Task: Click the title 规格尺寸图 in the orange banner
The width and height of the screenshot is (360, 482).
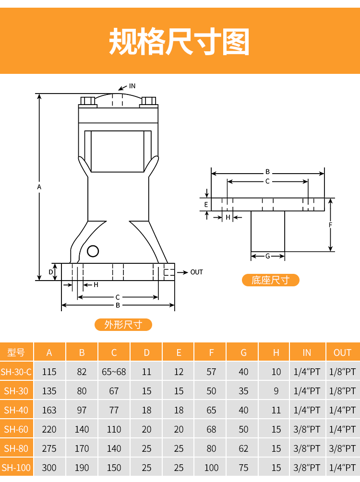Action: point(179,42)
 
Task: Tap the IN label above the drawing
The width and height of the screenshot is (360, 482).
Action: point(132,86)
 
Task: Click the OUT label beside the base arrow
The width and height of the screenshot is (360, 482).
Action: point(197,272)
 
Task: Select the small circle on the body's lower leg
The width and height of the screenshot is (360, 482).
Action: point(93,251)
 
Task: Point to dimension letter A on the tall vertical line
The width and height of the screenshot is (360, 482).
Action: point(39,187)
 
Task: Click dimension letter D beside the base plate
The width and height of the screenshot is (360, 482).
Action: point(51,272)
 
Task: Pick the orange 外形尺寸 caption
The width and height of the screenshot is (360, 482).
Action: point(123,325)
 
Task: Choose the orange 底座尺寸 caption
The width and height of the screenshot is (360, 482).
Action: point(270,280)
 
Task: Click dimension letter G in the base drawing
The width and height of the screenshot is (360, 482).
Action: point(268,256)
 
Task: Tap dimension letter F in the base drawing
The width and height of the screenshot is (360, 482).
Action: point(330,225)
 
